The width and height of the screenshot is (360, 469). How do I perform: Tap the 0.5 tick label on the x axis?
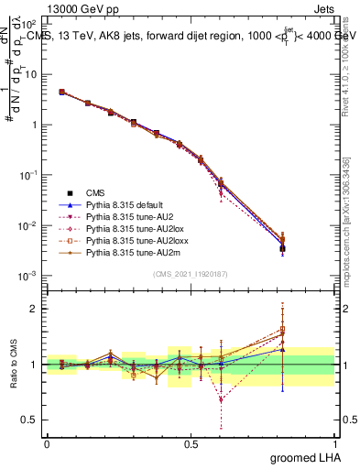191,444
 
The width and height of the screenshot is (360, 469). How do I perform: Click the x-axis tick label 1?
334,444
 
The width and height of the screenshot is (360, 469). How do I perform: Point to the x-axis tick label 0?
47,444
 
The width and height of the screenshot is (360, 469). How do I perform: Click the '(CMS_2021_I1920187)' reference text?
191,274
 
